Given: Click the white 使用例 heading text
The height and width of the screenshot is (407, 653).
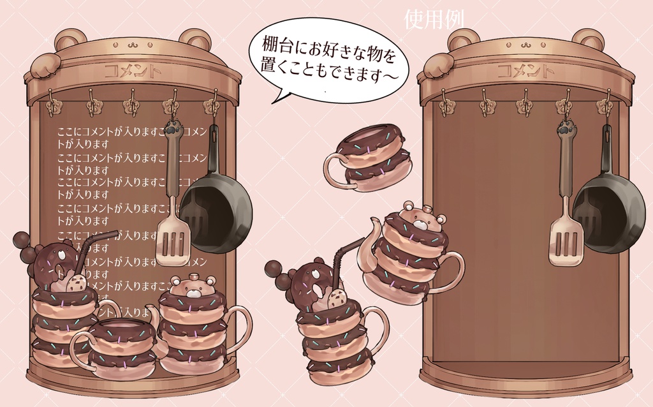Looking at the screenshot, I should tap(434, 20).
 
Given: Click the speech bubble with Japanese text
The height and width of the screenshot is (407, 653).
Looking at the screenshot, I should tap(328, 58).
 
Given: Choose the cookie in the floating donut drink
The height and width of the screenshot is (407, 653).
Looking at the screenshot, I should tap(337, 298).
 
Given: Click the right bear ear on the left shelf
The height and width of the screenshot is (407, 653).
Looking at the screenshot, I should tap(194, 39).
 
